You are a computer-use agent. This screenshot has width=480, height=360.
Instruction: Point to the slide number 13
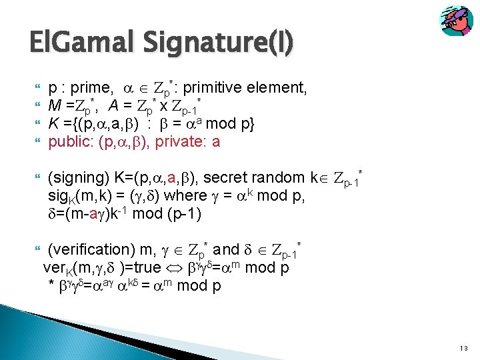pyautogui.click(x=463, y=349)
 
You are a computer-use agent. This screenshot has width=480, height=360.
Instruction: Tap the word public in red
pyautogui.click(x=71, y=141)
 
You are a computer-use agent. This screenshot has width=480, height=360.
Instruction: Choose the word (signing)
pyautogui.click(x=81, y=178)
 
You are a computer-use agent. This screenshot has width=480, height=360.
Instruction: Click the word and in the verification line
pyautogui.click(x=227, y=249)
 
